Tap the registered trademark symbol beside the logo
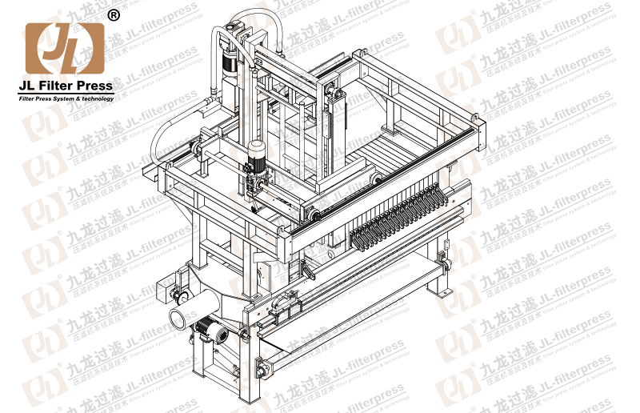point(114,15)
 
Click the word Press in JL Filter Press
point(94,86)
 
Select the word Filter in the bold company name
point(56,86)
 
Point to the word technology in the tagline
point(97,98)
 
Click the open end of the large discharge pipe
point(180,316)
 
